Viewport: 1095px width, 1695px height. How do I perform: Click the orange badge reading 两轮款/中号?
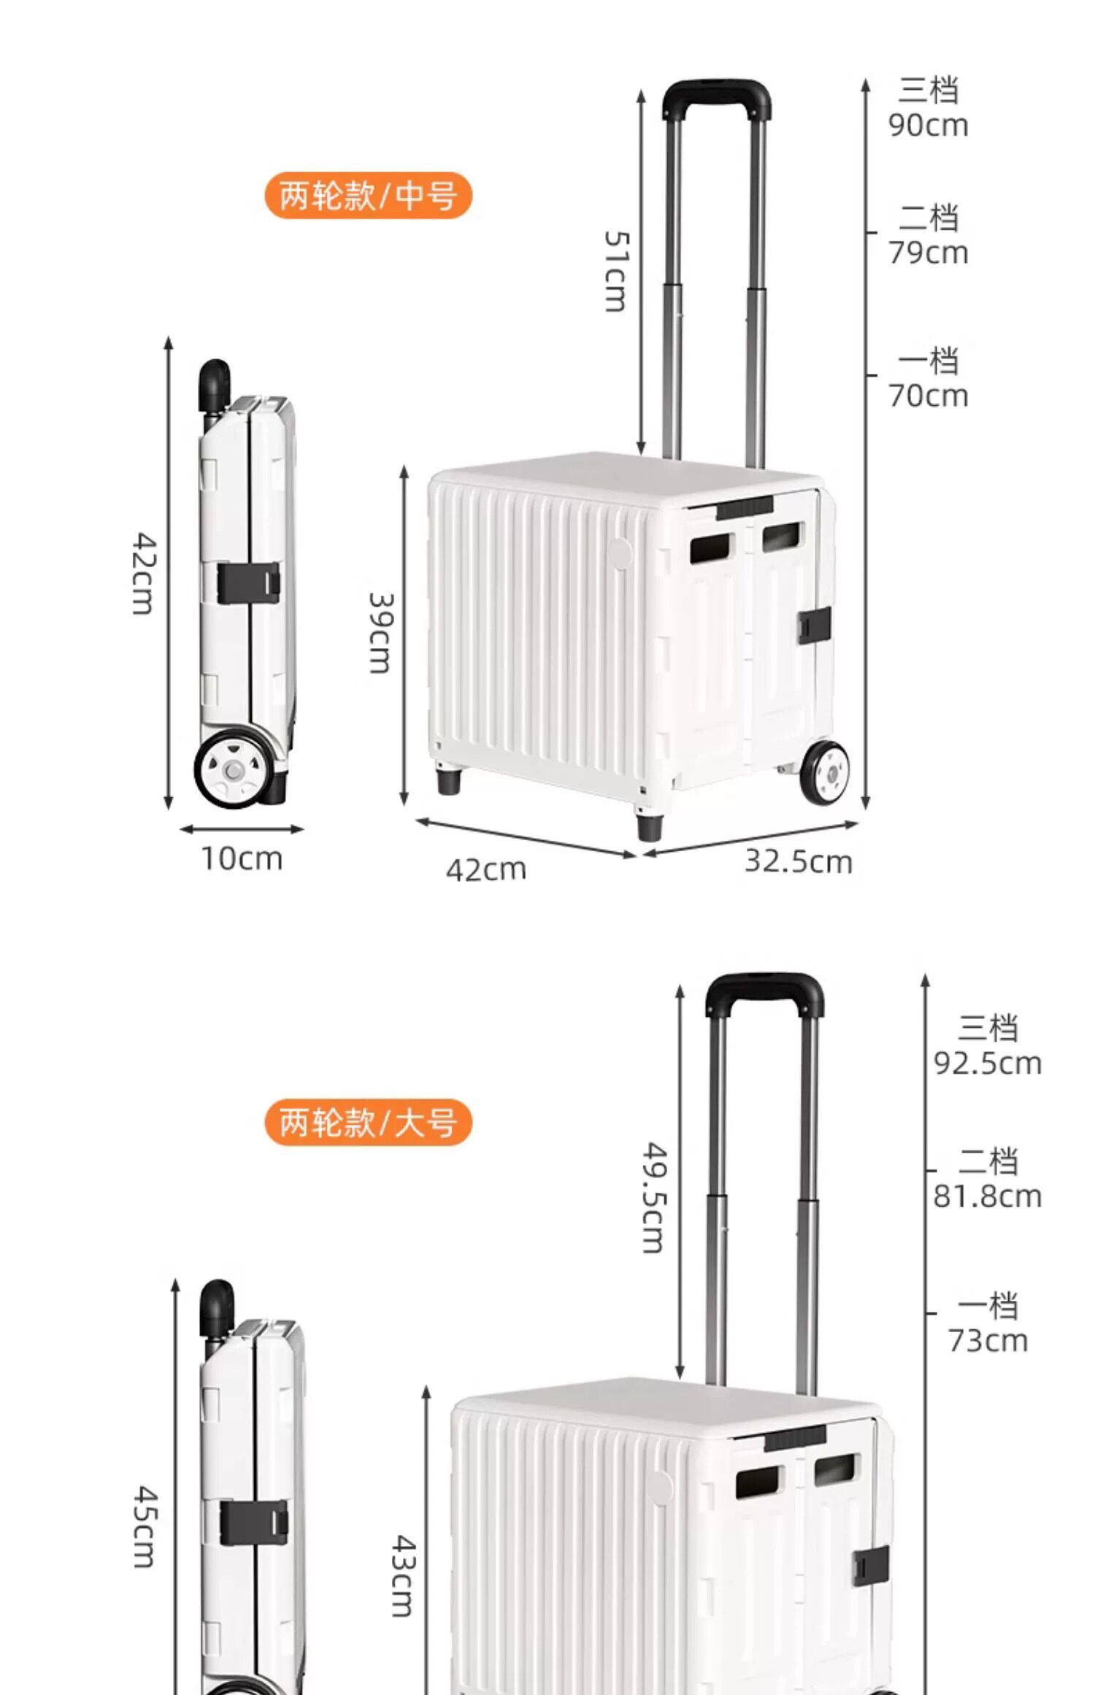[x=368, y=195]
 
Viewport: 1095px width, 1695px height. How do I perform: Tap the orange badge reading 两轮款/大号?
[x=368, y=1122]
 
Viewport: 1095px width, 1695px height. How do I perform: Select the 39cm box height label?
[x=380, y=632]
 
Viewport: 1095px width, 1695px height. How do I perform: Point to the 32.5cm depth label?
[x=798, y=861]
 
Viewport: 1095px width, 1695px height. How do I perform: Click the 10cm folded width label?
[x=242, y=858]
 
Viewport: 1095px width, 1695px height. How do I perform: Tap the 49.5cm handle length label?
[x=654, y=1197]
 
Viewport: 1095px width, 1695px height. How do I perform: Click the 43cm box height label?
[x=404, y=1575]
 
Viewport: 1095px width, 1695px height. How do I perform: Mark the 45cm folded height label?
[x=145, y=1526]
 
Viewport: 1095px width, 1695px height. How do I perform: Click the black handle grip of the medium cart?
[x=716, y=98]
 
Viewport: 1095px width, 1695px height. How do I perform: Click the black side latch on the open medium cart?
[x=815, y=625]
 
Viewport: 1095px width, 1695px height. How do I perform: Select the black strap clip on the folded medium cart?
[x=248, y=583]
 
